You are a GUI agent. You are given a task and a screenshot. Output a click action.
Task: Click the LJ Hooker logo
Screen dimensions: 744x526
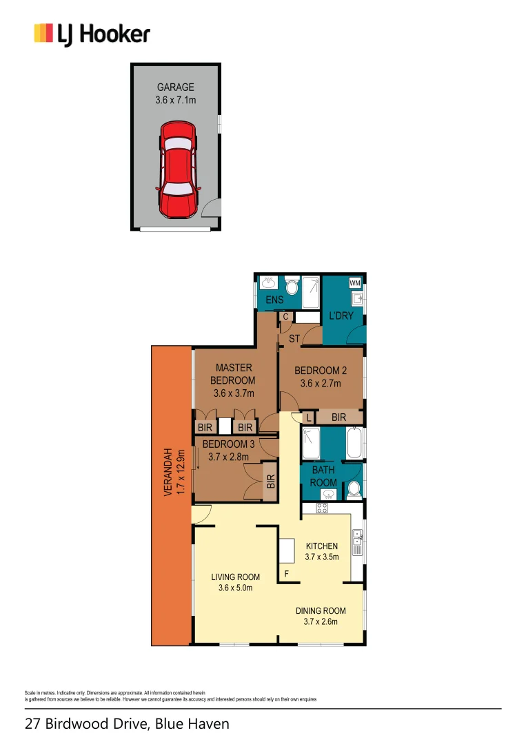click(x=92, y=34)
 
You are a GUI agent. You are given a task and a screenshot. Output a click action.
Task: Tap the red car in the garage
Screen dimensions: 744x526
click(x=178, y=169)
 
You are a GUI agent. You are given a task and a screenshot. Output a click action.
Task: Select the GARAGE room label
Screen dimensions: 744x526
click(x=175, y=87)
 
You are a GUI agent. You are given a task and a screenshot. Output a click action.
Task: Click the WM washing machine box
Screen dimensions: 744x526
click(x=354, y=283)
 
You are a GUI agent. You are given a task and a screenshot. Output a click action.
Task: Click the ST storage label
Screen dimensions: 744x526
click(x=293, y=338)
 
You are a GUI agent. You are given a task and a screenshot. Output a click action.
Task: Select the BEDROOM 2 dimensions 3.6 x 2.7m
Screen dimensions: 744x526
click(x=320, y=384)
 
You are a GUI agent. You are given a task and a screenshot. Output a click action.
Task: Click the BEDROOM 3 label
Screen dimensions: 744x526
click(x=228, y=444)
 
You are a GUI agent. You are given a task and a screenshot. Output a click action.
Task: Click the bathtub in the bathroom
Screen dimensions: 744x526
click(x=354, y=443)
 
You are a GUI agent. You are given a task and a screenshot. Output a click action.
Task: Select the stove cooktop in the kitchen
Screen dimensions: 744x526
click(x=321, y=508)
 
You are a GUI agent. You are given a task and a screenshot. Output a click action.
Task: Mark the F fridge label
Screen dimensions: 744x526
click(x=287, y=573)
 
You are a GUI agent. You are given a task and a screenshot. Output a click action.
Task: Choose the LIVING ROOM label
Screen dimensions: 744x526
click(x=235, y=577)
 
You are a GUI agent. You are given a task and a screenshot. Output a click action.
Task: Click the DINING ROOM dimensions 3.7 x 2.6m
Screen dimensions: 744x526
click(x=321, y=622)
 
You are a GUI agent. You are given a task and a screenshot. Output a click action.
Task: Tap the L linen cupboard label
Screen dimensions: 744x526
click(x=308, y=417)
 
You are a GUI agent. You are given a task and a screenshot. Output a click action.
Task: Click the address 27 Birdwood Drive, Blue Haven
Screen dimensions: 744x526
click(x=127, y=724)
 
